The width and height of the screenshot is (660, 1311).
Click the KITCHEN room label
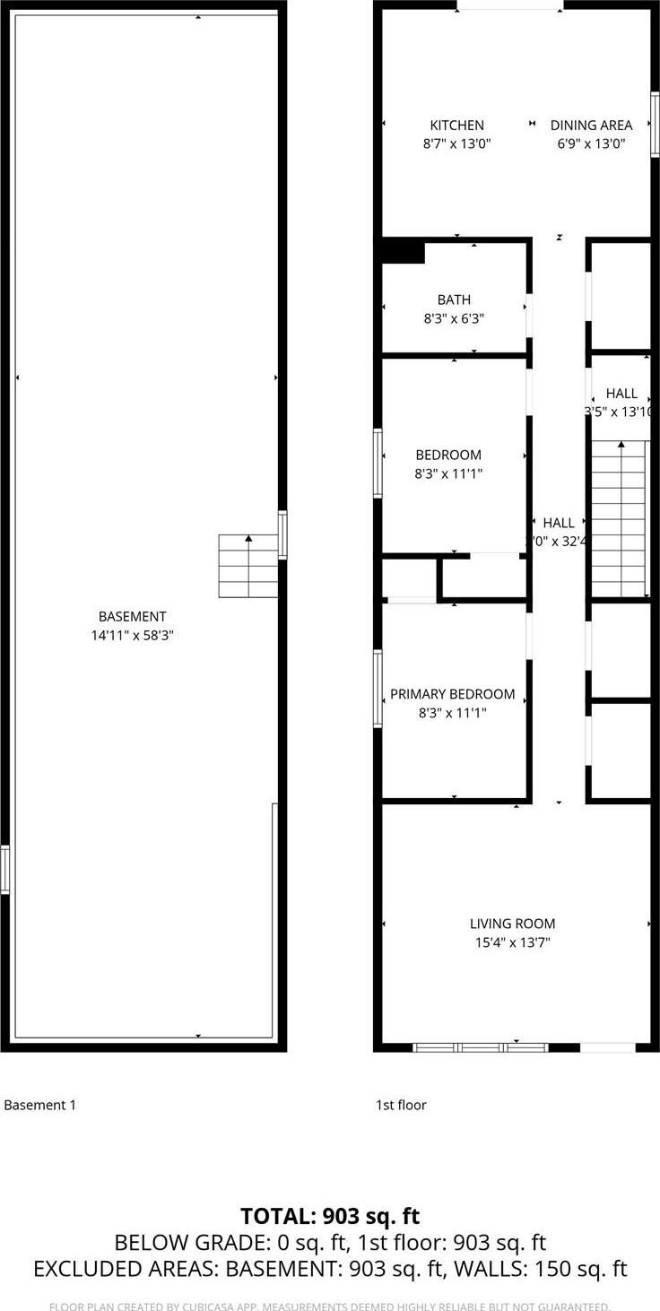click(x=456, y=126)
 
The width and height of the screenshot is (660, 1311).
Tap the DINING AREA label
click(x=591, y=126)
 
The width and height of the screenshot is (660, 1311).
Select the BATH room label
click(x=454, y=300)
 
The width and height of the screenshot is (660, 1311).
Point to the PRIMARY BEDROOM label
click(x=452, y=694)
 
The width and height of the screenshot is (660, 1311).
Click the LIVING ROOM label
click(x=512, y=924)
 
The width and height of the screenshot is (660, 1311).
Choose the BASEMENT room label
click(x=132, y=616)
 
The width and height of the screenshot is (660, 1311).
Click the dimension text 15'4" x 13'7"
click(x=512, y=942)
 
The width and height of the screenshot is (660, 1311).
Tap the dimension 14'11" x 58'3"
click(x=132, y=635)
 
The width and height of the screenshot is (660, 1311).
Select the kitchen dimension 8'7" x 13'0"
click(x=456, y=143)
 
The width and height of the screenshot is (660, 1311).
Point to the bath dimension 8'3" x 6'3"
click(x=454, y=318)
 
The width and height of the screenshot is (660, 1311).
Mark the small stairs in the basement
click(x=247, y=566)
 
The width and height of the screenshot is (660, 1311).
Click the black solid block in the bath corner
click(x=404, y=252)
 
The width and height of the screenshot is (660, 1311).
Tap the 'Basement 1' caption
click(x=39, y=1105)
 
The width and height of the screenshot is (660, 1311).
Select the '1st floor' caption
click(x=401, y=1105)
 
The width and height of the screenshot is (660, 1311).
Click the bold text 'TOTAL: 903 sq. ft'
click(x=330, y=1216)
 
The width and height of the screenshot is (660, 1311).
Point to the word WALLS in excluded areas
click(x=497, y=1269)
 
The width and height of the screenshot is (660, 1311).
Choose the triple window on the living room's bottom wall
click(x=480, y=1047)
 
